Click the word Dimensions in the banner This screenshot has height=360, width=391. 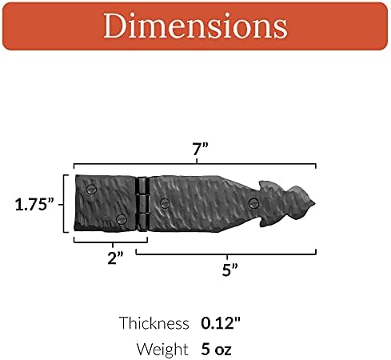[x=195, y=28]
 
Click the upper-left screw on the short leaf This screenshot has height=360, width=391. [x=90, y=190]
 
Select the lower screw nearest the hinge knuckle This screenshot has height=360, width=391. [x=121, y=219]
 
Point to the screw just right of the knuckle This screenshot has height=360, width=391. [x=165, y=203]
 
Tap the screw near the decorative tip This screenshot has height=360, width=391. [x=253, y=202]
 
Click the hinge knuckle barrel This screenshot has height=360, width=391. [x=142, y=203]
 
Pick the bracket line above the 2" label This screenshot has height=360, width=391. [x=110, y=241]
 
